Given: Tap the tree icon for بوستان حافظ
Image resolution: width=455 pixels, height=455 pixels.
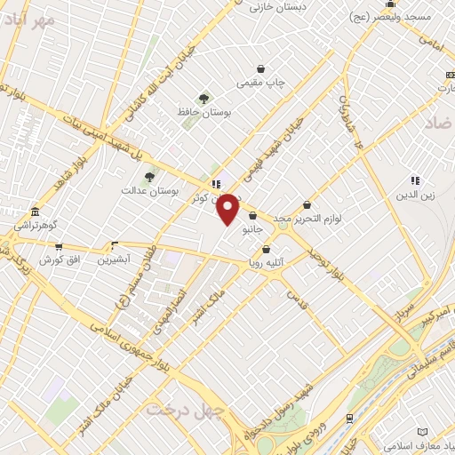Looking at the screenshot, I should pos(204,99).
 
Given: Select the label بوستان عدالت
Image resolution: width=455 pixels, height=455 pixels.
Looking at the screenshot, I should pos(150,190).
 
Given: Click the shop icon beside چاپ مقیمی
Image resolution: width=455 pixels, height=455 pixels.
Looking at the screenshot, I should pos(259,68).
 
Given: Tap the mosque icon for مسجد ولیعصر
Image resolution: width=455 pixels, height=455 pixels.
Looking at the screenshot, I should pos(390,4).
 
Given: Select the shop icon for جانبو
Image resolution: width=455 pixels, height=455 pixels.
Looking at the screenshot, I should pos(253,214).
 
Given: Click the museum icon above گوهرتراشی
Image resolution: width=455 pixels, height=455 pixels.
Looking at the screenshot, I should pos(35,212).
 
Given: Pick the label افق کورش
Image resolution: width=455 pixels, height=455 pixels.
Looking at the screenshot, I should pos(59,260).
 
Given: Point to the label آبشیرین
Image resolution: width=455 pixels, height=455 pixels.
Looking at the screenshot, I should pos(114,259).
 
